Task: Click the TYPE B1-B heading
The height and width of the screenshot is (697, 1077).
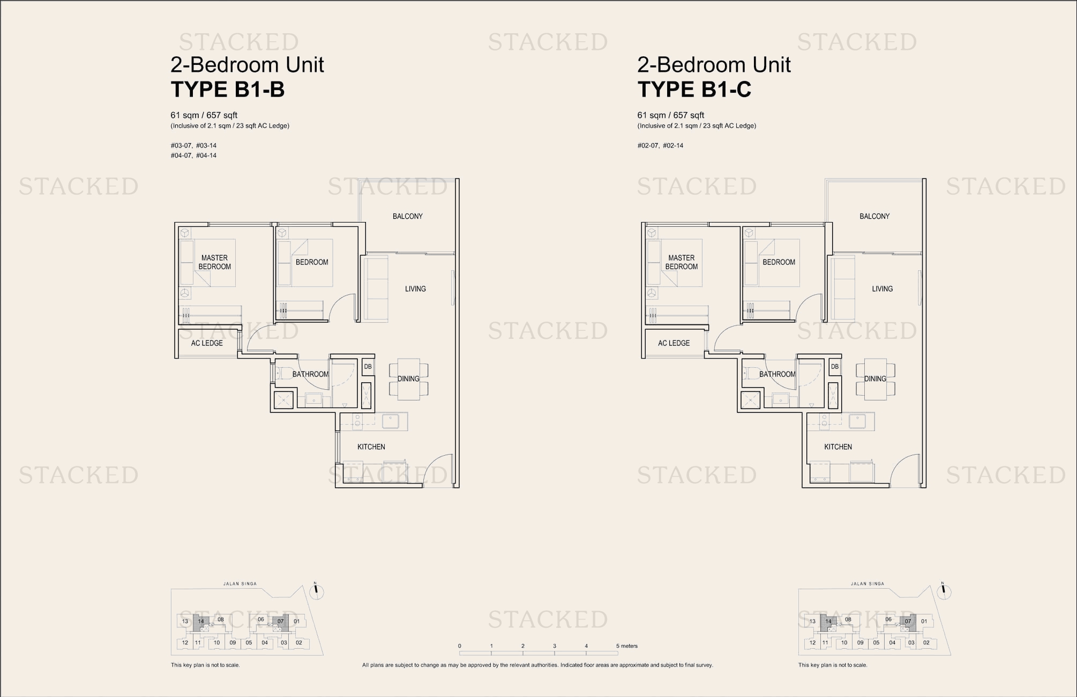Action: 227,90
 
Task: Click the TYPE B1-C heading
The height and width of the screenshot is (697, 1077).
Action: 694,90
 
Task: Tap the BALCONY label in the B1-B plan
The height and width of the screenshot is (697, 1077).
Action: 407,216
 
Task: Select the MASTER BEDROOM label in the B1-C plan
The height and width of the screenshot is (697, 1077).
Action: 682,262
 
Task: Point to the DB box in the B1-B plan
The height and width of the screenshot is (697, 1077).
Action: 368,367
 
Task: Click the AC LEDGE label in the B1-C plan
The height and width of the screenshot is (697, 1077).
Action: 674,343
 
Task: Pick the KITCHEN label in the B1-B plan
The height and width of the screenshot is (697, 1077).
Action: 371,447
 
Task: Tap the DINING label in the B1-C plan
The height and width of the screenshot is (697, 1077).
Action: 875,379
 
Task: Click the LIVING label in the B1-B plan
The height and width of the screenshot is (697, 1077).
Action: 415,288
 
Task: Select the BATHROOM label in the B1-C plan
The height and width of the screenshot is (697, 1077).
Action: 777,374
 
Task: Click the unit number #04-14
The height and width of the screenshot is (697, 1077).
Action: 206,155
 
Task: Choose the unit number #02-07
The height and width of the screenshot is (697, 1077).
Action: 648,145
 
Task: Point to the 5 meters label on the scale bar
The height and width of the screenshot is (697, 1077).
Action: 627,646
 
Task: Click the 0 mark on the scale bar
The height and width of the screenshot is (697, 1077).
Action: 460,646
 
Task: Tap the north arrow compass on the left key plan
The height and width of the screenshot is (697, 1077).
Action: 317,591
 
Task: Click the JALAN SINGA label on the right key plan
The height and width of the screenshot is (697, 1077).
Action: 867,584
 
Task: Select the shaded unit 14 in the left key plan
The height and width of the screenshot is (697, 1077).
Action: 201,622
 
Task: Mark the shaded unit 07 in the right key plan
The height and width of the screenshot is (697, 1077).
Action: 908,622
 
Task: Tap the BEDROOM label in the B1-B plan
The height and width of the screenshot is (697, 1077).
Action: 312,262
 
